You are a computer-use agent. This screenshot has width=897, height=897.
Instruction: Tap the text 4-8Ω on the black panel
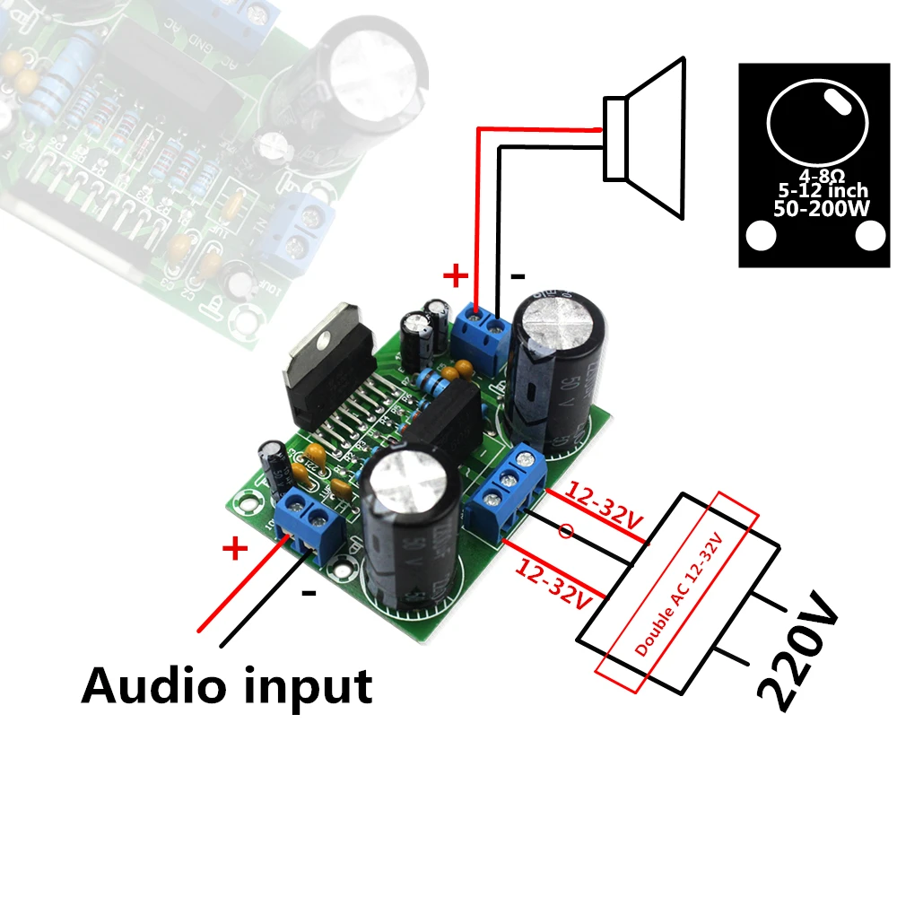click(818, 174)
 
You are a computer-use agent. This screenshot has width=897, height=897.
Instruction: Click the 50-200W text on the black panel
click(817, 208)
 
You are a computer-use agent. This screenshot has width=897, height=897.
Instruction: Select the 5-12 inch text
click(817, 191)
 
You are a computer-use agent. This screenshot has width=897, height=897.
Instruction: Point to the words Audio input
click(226, 686)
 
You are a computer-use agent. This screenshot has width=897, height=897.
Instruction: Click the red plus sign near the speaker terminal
click(456, 275)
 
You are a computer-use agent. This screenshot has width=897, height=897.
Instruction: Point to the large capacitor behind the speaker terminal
click(556, 368)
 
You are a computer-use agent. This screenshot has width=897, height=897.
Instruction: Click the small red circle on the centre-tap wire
click(565, 532)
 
